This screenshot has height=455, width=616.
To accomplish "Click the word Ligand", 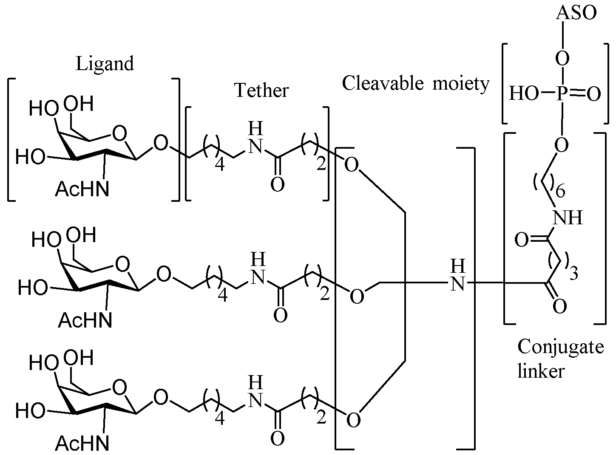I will [x=105, y=64].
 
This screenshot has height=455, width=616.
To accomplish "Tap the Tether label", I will [x=261, y=90].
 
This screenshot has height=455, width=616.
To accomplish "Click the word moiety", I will [x=462, y=84].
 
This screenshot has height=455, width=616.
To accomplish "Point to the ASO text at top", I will [x=576, y=13].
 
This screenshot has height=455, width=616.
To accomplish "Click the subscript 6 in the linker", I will [x=560, y=192].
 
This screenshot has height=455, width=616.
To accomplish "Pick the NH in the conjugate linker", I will [x=568, y=218].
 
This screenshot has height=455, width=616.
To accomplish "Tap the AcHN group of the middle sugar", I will [x=85, y=320].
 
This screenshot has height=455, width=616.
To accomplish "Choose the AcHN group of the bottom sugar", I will [x=82, y=444].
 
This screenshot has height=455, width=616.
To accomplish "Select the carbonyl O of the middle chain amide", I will [x=280, y=315].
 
